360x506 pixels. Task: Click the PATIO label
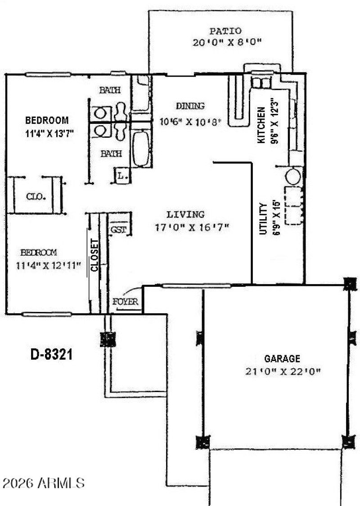click(x=225, y=31)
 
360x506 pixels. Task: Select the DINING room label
click(x=190, y=106)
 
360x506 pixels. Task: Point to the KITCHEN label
click(x=261, y=125)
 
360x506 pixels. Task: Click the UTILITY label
click(x=263, y=218)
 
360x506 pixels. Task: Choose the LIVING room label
click(x=185, y=215)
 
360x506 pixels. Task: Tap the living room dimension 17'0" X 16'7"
click(x=192, y=228)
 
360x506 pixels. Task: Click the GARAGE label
click(x=282, y=359)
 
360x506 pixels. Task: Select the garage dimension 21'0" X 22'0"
click(x=283, y=372)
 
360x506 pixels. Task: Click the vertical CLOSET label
click(x=94, y=256)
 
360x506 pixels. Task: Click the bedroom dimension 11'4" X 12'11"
click(x=48, y=266)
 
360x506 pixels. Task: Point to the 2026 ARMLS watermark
click(x=44, y=484)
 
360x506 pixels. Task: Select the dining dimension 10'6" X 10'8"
click(x=191, y=121)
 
